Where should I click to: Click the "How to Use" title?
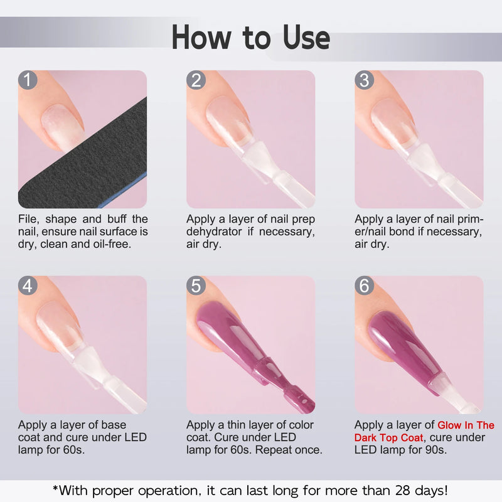coord(251,38)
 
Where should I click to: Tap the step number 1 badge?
coord(28,80)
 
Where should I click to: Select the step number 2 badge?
coord(196,80)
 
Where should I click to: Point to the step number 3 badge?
coord(365,80)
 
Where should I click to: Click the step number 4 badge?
coord(28,286)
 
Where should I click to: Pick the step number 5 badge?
coord(196,286)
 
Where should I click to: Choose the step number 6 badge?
coord(365,286)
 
